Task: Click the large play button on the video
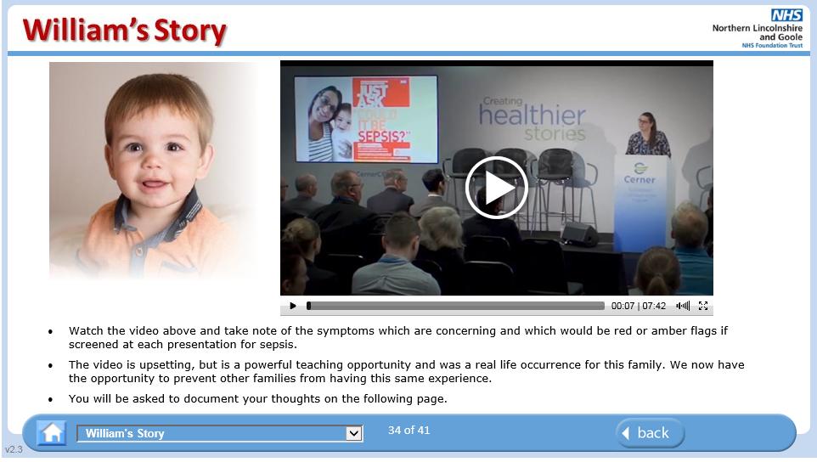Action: tap(497, 188)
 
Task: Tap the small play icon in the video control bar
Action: tap(293, 306)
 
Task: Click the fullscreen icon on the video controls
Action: tap(703, 306)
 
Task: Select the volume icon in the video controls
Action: tap(683, 306)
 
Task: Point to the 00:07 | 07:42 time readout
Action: tap(639, 306)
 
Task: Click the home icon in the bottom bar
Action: tap(52, 433)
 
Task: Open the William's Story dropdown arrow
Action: tap(354, 434)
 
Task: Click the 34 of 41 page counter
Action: tap(409, 431)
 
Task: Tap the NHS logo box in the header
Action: tap(786, 14)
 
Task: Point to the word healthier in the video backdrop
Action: tap(532, 116)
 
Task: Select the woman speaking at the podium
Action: tap(647, 136)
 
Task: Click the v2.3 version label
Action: tap(14, 449)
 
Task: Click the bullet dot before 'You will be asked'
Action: tap(50, 399)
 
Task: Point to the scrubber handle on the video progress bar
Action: tap(309, 306)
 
